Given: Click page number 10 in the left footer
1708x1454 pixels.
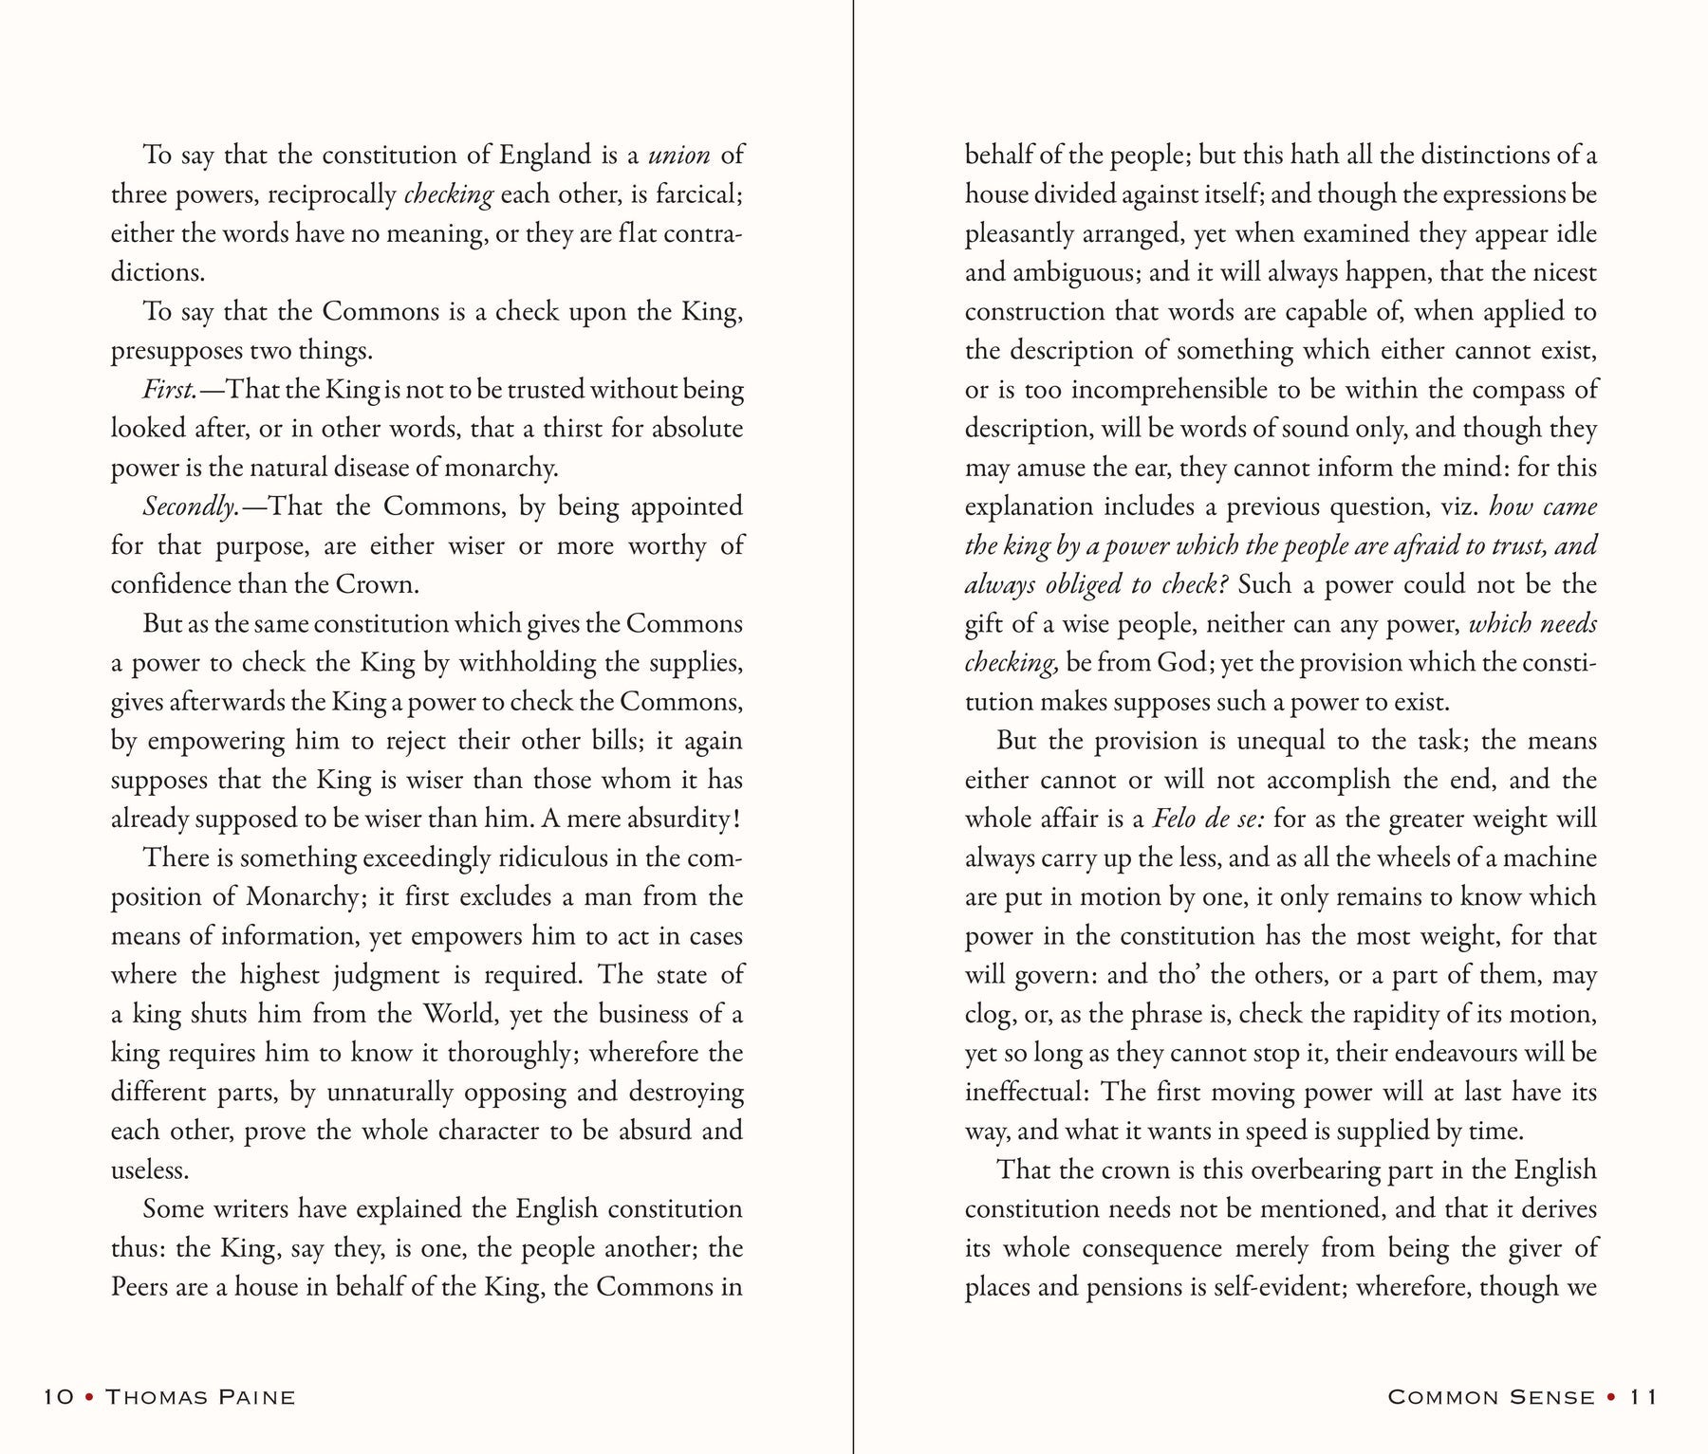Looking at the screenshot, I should coord(59,1397).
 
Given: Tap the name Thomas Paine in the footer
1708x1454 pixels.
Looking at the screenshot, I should coord(199,1397).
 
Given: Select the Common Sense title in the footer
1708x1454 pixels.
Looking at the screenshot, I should coord(1491,1397).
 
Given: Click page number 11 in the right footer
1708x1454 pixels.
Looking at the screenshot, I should coord(1643,1397).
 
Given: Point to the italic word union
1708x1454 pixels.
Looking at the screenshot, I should coord(678,155).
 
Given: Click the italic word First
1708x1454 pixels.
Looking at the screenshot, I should coord(169,390).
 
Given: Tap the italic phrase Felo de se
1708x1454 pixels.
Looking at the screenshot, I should coord(1209,819).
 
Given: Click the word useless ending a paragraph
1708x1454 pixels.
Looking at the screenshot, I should coord(149,1169).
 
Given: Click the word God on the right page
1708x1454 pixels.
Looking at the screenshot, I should coord(1184,663).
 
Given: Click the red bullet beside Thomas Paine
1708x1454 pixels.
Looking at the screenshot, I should coord(89,1397).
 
